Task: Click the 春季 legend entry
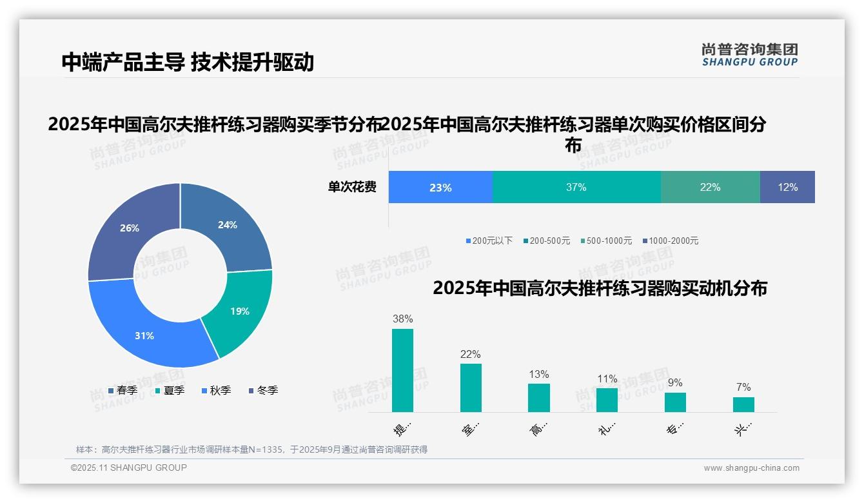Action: [123, 390]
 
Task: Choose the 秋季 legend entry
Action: [216, 390]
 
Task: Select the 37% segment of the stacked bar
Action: [576, 187]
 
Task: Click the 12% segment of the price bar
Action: [787, 187]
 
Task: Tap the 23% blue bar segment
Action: [440, 187]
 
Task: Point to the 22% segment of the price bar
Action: [710, 187]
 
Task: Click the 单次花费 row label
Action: [352, 187]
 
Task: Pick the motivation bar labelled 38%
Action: [402, 370]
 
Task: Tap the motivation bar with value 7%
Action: [743, 404]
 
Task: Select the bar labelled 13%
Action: [538, 397]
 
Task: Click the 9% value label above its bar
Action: [675, 383]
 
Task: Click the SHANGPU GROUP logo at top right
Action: [749, 55]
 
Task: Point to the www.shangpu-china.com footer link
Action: [751, 468]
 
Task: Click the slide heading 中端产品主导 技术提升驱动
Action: [188, 62]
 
